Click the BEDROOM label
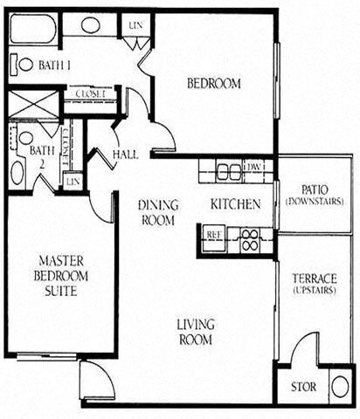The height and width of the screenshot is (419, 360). click(214, 84)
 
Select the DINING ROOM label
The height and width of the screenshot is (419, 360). click(158, 212)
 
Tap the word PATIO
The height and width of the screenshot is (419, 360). click(314, 189)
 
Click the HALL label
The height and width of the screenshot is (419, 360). click(126, 155)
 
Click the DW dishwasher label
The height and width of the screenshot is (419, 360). click(255, 166)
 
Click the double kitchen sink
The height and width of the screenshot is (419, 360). click(228, 169)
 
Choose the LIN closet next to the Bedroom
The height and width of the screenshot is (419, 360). click(135, 24)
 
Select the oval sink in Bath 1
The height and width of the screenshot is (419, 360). click(90, 24)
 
